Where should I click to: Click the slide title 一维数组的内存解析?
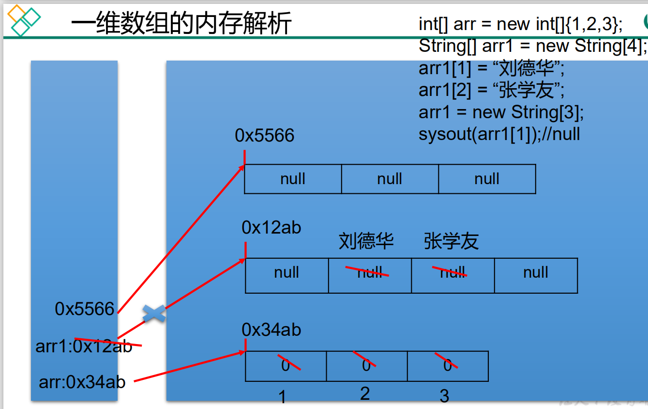pos(181,23)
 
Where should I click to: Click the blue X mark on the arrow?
pos(154,314)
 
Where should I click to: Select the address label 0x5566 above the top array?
pos(264,136)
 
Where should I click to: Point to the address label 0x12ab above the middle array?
pos(271,227)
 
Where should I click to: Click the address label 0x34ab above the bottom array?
pos(271,330)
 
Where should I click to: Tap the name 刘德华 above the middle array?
pos(366,241)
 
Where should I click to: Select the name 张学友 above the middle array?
pos(451,241)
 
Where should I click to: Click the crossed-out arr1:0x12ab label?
pos(84,346)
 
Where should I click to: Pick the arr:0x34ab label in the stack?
pos(82,382)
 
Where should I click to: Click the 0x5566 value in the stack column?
pos(85,309)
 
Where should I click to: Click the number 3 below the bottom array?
pos(444,396)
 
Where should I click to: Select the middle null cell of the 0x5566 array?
pos(390,179)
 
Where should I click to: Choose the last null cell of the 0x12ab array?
pos(536,273)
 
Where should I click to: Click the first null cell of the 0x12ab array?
pos(286,273)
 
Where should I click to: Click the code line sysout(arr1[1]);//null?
pos(499,134)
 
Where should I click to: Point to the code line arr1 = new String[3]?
pos(501,112)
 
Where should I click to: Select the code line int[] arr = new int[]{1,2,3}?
pos(521,24)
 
